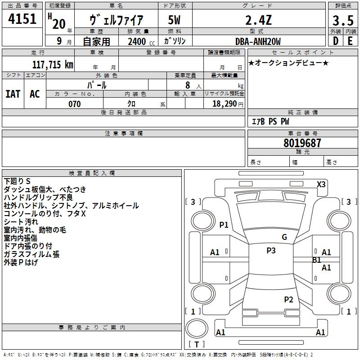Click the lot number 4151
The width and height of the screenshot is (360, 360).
click(x=22, y=20)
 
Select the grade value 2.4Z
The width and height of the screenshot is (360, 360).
click(x=258, y=20)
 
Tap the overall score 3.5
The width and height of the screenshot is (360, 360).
click(x=343, y=21)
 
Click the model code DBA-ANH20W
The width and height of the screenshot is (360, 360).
click(x=258, y=41)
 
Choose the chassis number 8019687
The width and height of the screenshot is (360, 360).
click(x=302, y=143)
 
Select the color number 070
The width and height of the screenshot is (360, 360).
click(x=74, y=104)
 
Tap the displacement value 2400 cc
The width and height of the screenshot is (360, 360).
click(x=137, y=41)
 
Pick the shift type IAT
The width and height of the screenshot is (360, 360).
click(x=13, y=94)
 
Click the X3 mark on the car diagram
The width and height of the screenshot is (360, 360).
click(x=321, y=184)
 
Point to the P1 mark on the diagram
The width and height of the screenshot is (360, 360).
click(x=224, y=225)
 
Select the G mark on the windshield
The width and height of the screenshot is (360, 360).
click(x=284, y=237)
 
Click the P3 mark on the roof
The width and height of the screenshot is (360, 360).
click(x=270, y=251)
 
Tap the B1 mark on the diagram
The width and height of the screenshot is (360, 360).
click(x=316, y=260)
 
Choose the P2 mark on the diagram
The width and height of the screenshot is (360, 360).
click(x=288, y=299)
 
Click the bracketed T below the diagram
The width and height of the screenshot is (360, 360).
click(x=197, y=344)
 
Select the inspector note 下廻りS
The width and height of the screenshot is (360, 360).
click(x=18, y=181)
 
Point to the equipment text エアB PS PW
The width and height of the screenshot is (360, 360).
click(x=270, y=121)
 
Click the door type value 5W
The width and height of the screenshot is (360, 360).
click(x=174, y=20)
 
